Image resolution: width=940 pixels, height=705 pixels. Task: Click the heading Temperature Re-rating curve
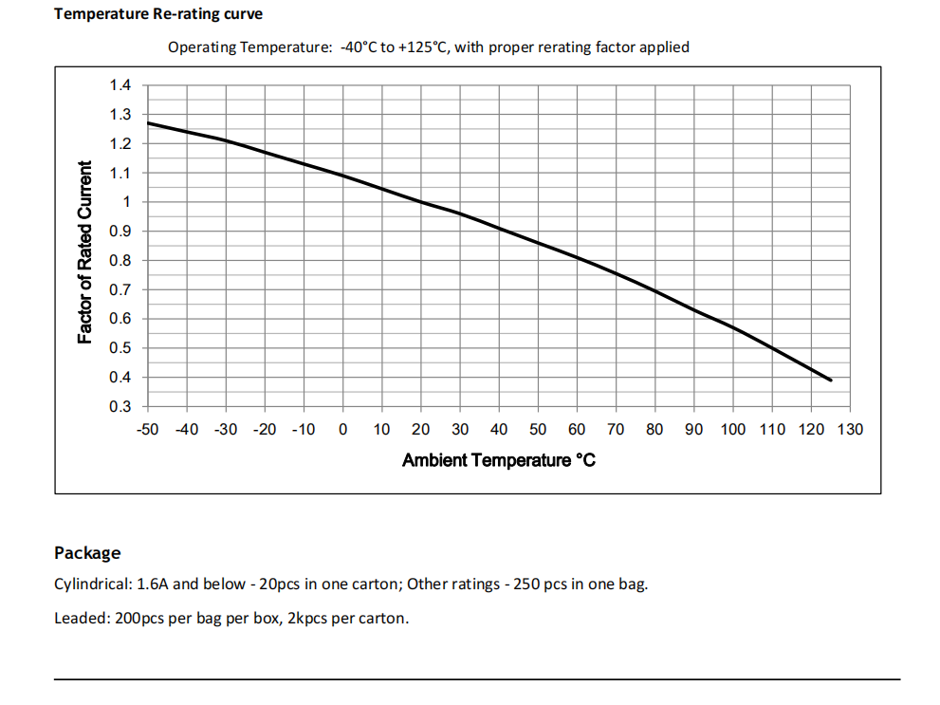click(x=158, y=14)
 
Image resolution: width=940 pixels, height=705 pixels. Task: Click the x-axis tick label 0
click(x=342, y=430)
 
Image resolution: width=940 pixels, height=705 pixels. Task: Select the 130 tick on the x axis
click(x=850, y=430)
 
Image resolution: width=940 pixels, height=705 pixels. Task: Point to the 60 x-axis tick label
click(x=577, y=430)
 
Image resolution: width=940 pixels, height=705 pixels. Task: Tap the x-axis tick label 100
click(x=733, y=430)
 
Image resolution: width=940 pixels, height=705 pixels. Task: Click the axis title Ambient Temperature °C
click(x=499, y=461)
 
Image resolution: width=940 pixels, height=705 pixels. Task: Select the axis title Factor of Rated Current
click(x=85, y=252)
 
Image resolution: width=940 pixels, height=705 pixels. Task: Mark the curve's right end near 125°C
click(x=831, y=380)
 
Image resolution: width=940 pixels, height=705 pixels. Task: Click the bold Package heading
click(x=87, y=552)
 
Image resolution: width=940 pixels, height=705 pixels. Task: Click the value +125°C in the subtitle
click(x=425, y=46)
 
